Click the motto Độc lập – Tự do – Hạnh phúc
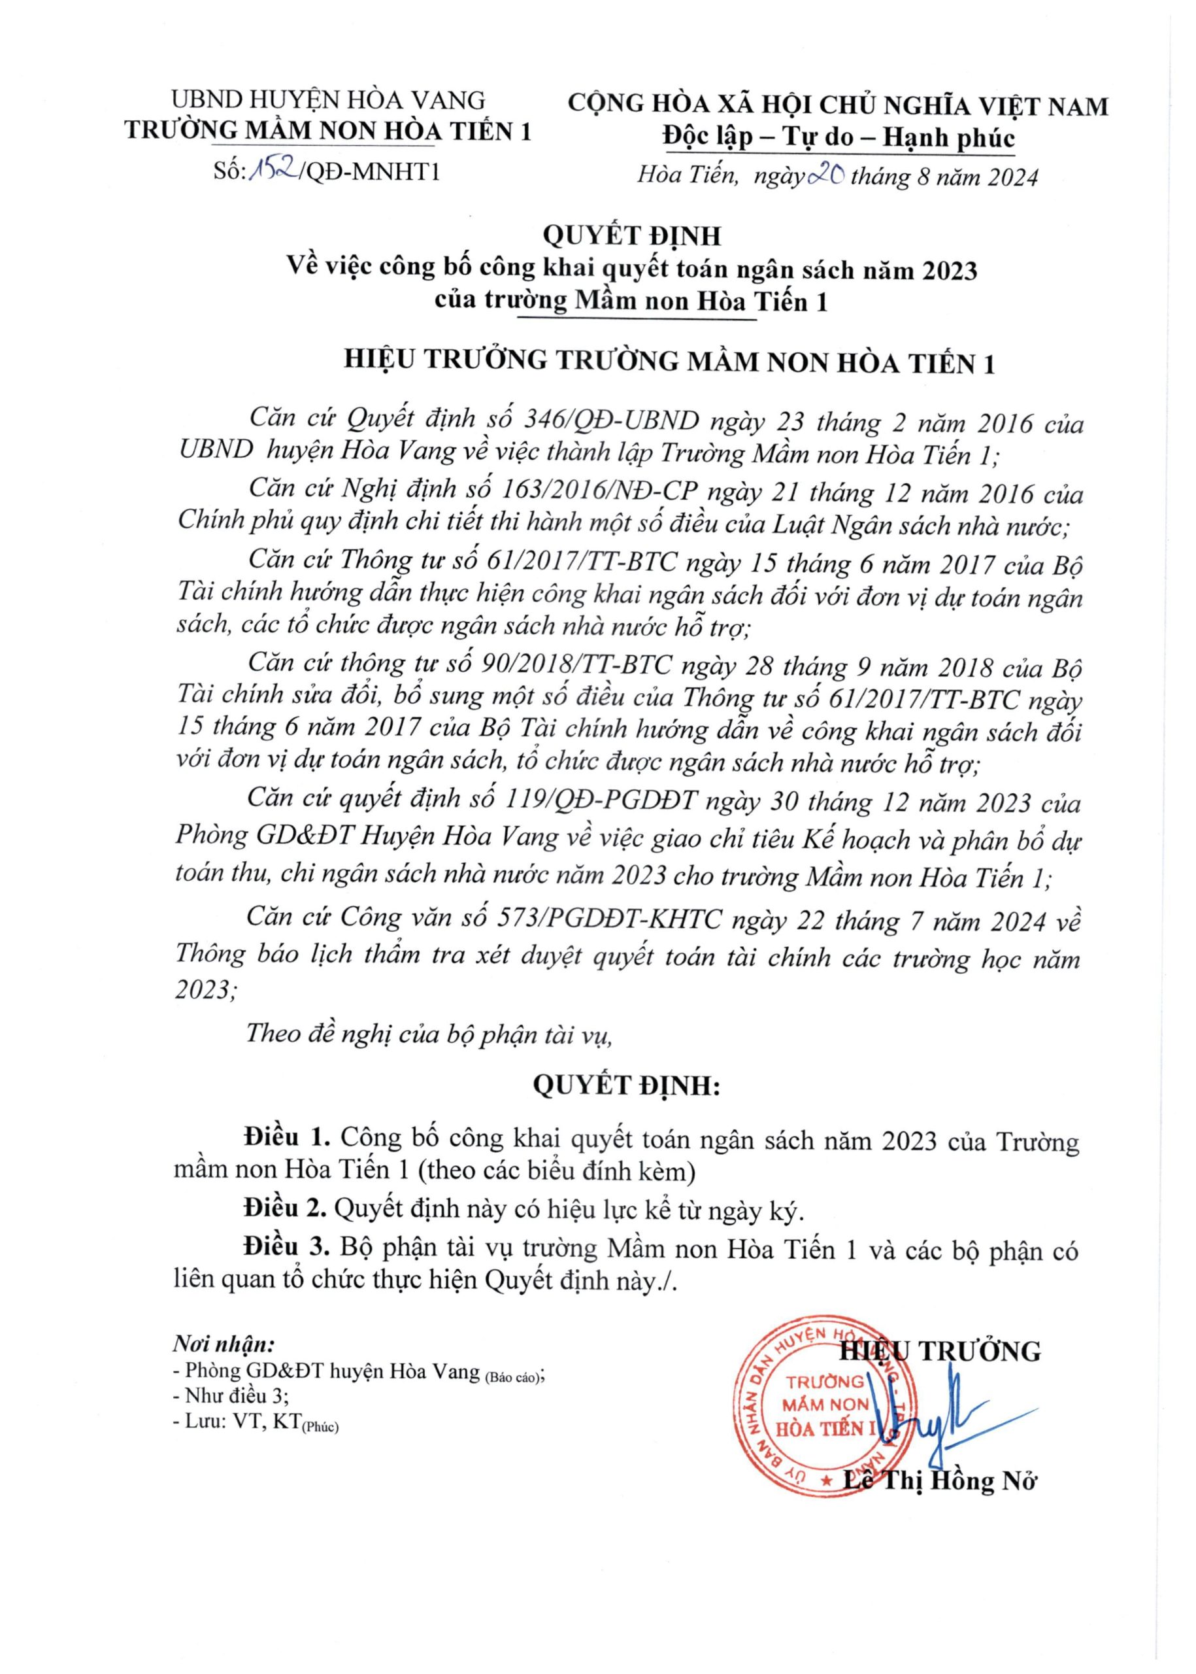[838, 138]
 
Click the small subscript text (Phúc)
[320, 1427]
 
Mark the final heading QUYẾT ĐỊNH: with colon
[625, 1086]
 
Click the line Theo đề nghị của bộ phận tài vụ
[429, 1034]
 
